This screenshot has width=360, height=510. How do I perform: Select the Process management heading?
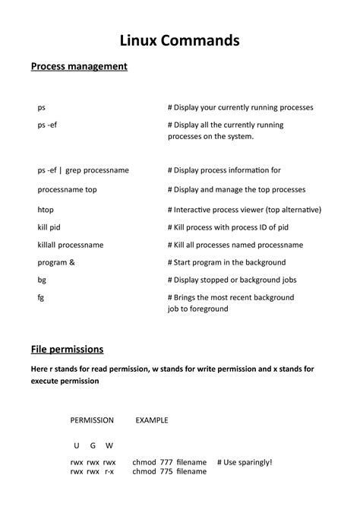pos(79,67)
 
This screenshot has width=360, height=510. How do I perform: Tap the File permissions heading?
pos(67,350)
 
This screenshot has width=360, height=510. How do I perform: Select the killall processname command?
pos(71,245)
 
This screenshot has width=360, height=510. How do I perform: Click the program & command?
pos(56,263)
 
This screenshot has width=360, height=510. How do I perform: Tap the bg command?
pos(42,280)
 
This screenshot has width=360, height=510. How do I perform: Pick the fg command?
pos(41,298)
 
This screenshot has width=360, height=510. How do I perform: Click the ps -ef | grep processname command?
pos(83,170)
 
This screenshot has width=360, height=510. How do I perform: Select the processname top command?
pos(68,189)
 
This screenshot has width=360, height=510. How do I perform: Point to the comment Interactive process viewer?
pos(245,209)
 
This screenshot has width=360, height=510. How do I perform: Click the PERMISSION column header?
pos(92,420)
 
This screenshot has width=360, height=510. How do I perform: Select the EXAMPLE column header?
pos(152,420)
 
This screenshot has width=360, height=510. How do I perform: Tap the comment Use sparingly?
pos(244,461)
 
